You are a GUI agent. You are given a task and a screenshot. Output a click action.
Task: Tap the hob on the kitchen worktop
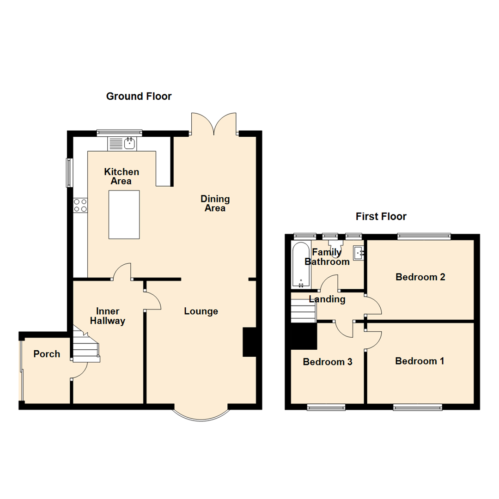[80, 205]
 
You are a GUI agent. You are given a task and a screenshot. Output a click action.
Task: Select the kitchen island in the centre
[124, 215]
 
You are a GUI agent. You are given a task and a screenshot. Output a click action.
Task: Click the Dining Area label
[215, 204]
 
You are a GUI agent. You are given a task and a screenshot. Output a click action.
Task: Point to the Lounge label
[201, 311]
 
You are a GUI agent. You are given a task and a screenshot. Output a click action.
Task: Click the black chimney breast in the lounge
[249, 342]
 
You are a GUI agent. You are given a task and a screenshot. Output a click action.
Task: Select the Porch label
[47, 354]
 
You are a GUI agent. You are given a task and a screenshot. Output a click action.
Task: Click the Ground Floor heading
[139, 96]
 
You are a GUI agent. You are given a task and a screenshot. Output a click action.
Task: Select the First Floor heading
[381, 216]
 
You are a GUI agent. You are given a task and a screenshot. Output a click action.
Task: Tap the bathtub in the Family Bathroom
[301, 262]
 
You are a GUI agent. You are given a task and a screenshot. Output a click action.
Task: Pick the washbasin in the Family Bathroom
[359, 253]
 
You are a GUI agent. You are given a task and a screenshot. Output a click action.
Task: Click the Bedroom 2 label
[420, 277]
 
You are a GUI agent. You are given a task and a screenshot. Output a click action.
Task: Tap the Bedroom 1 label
[420, 361]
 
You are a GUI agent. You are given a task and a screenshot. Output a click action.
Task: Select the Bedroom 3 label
[328, 362]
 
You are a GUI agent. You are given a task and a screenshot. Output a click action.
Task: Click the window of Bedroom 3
[326, 407]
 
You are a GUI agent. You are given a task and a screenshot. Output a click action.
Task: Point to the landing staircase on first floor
[303, 310]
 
